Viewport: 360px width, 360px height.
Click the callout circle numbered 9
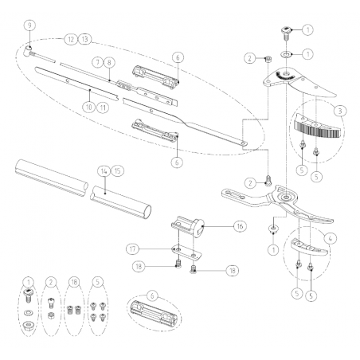29,25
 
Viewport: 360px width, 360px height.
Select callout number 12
70,38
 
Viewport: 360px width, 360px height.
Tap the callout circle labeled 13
85,38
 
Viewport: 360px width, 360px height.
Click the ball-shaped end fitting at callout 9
29,49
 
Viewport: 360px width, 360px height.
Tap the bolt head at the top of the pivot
285,32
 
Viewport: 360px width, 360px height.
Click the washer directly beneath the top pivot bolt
286,55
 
